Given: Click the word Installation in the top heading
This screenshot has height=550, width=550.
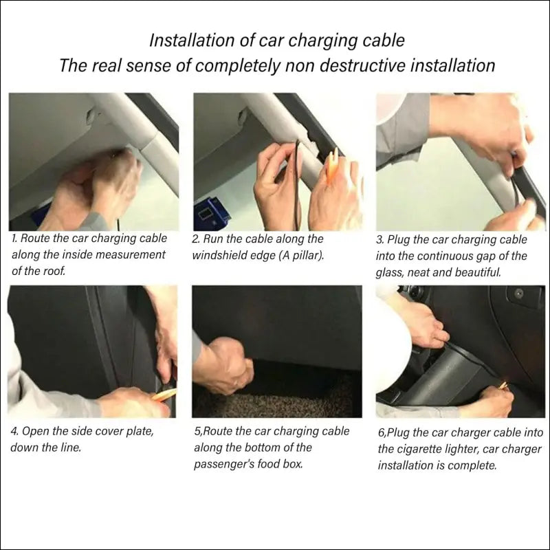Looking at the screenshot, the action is coord(192,41).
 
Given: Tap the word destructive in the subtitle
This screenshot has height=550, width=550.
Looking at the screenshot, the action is coord(363,65).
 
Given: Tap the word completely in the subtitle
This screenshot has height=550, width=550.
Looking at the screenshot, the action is coord(237,65).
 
